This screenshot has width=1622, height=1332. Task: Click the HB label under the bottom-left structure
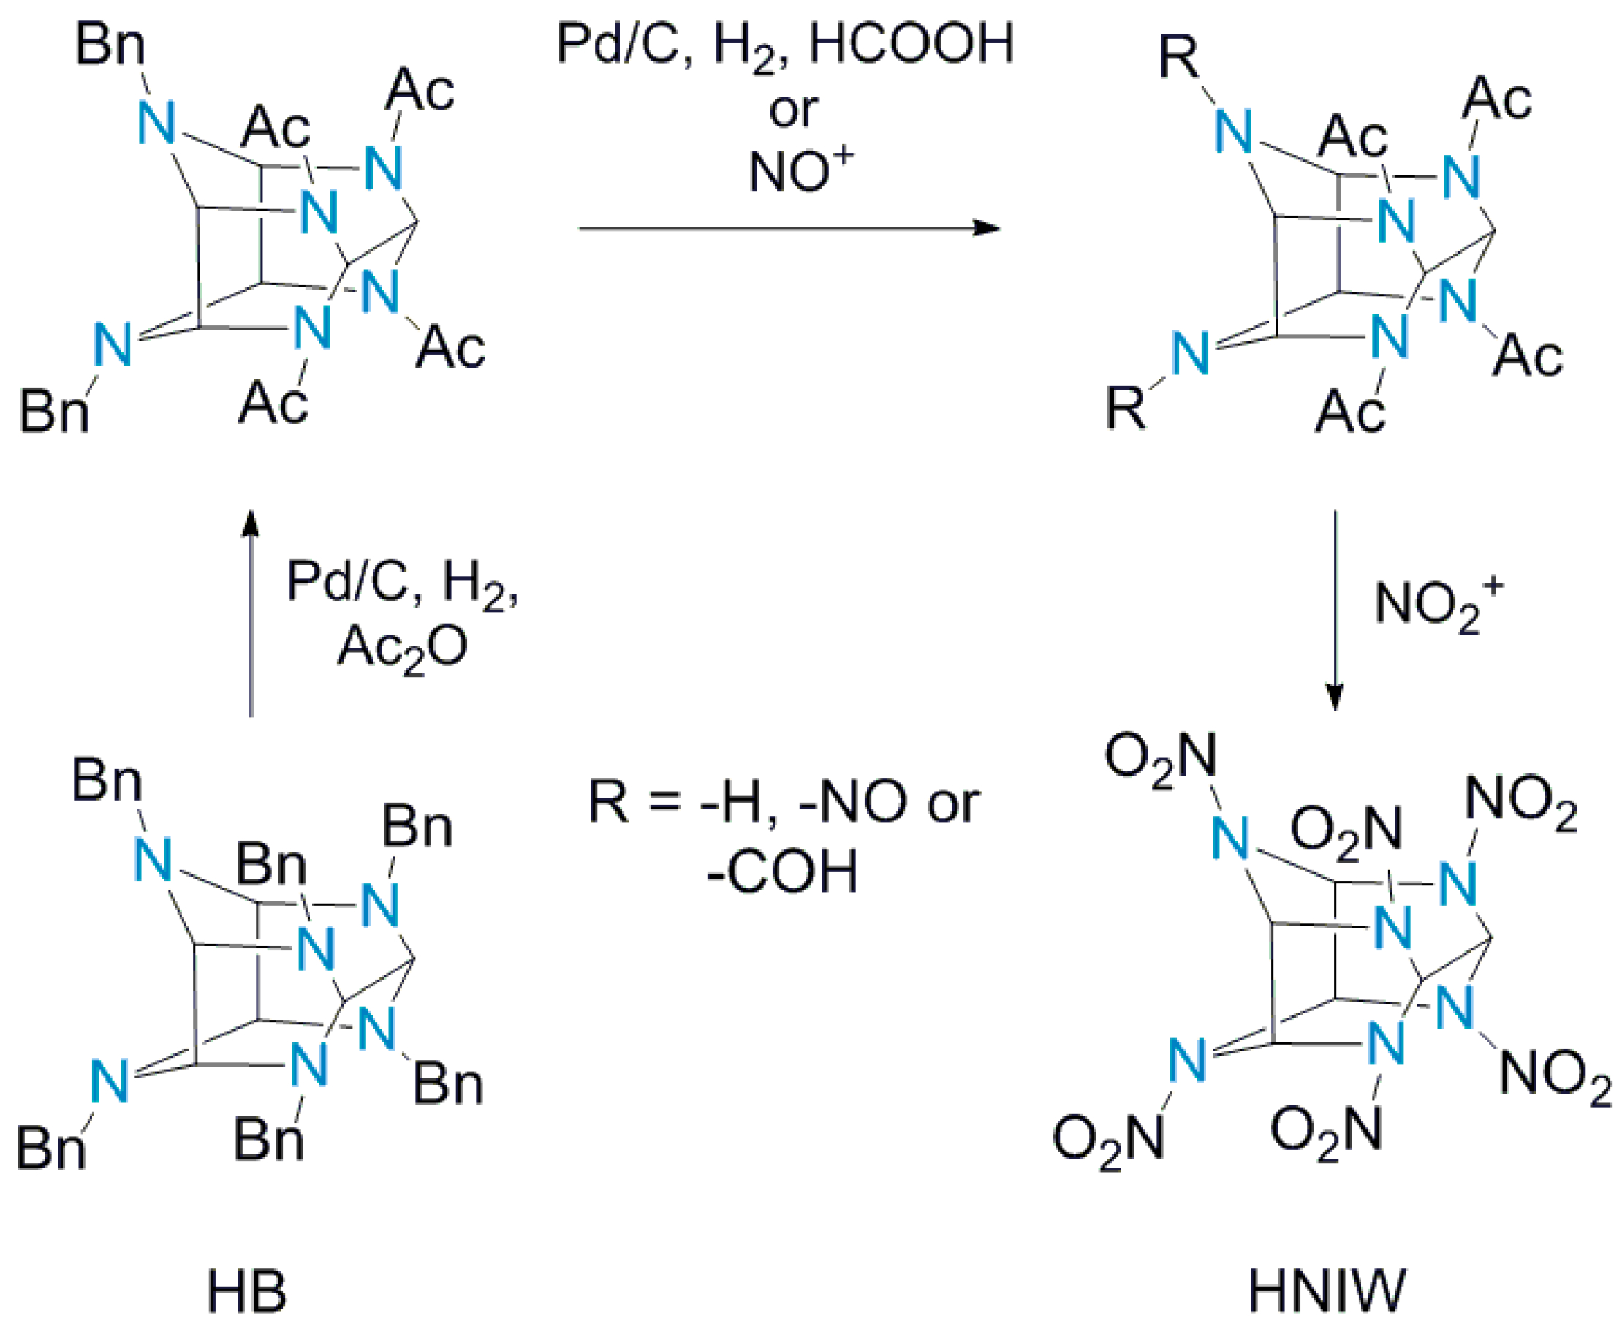[x=246, y=1291]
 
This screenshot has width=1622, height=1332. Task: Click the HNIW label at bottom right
[x=1327, y=1291]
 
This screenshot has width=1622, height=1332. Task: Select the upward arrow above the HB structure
[x=251, y=613]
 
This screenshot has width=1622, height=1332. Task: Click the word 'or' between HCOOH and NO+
[x=792, y=110]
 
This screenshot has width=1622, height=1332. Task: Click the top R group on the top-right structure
[x=1178, y=58]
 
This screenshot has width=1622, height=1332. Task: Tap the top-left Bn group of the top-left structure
[x=110, y=45]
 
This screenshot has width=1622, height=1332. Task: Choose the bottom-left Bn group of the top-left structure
[x=53, y=412]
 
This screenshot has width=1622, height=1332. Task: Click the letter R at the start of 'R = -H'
[x=608, y=803]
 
